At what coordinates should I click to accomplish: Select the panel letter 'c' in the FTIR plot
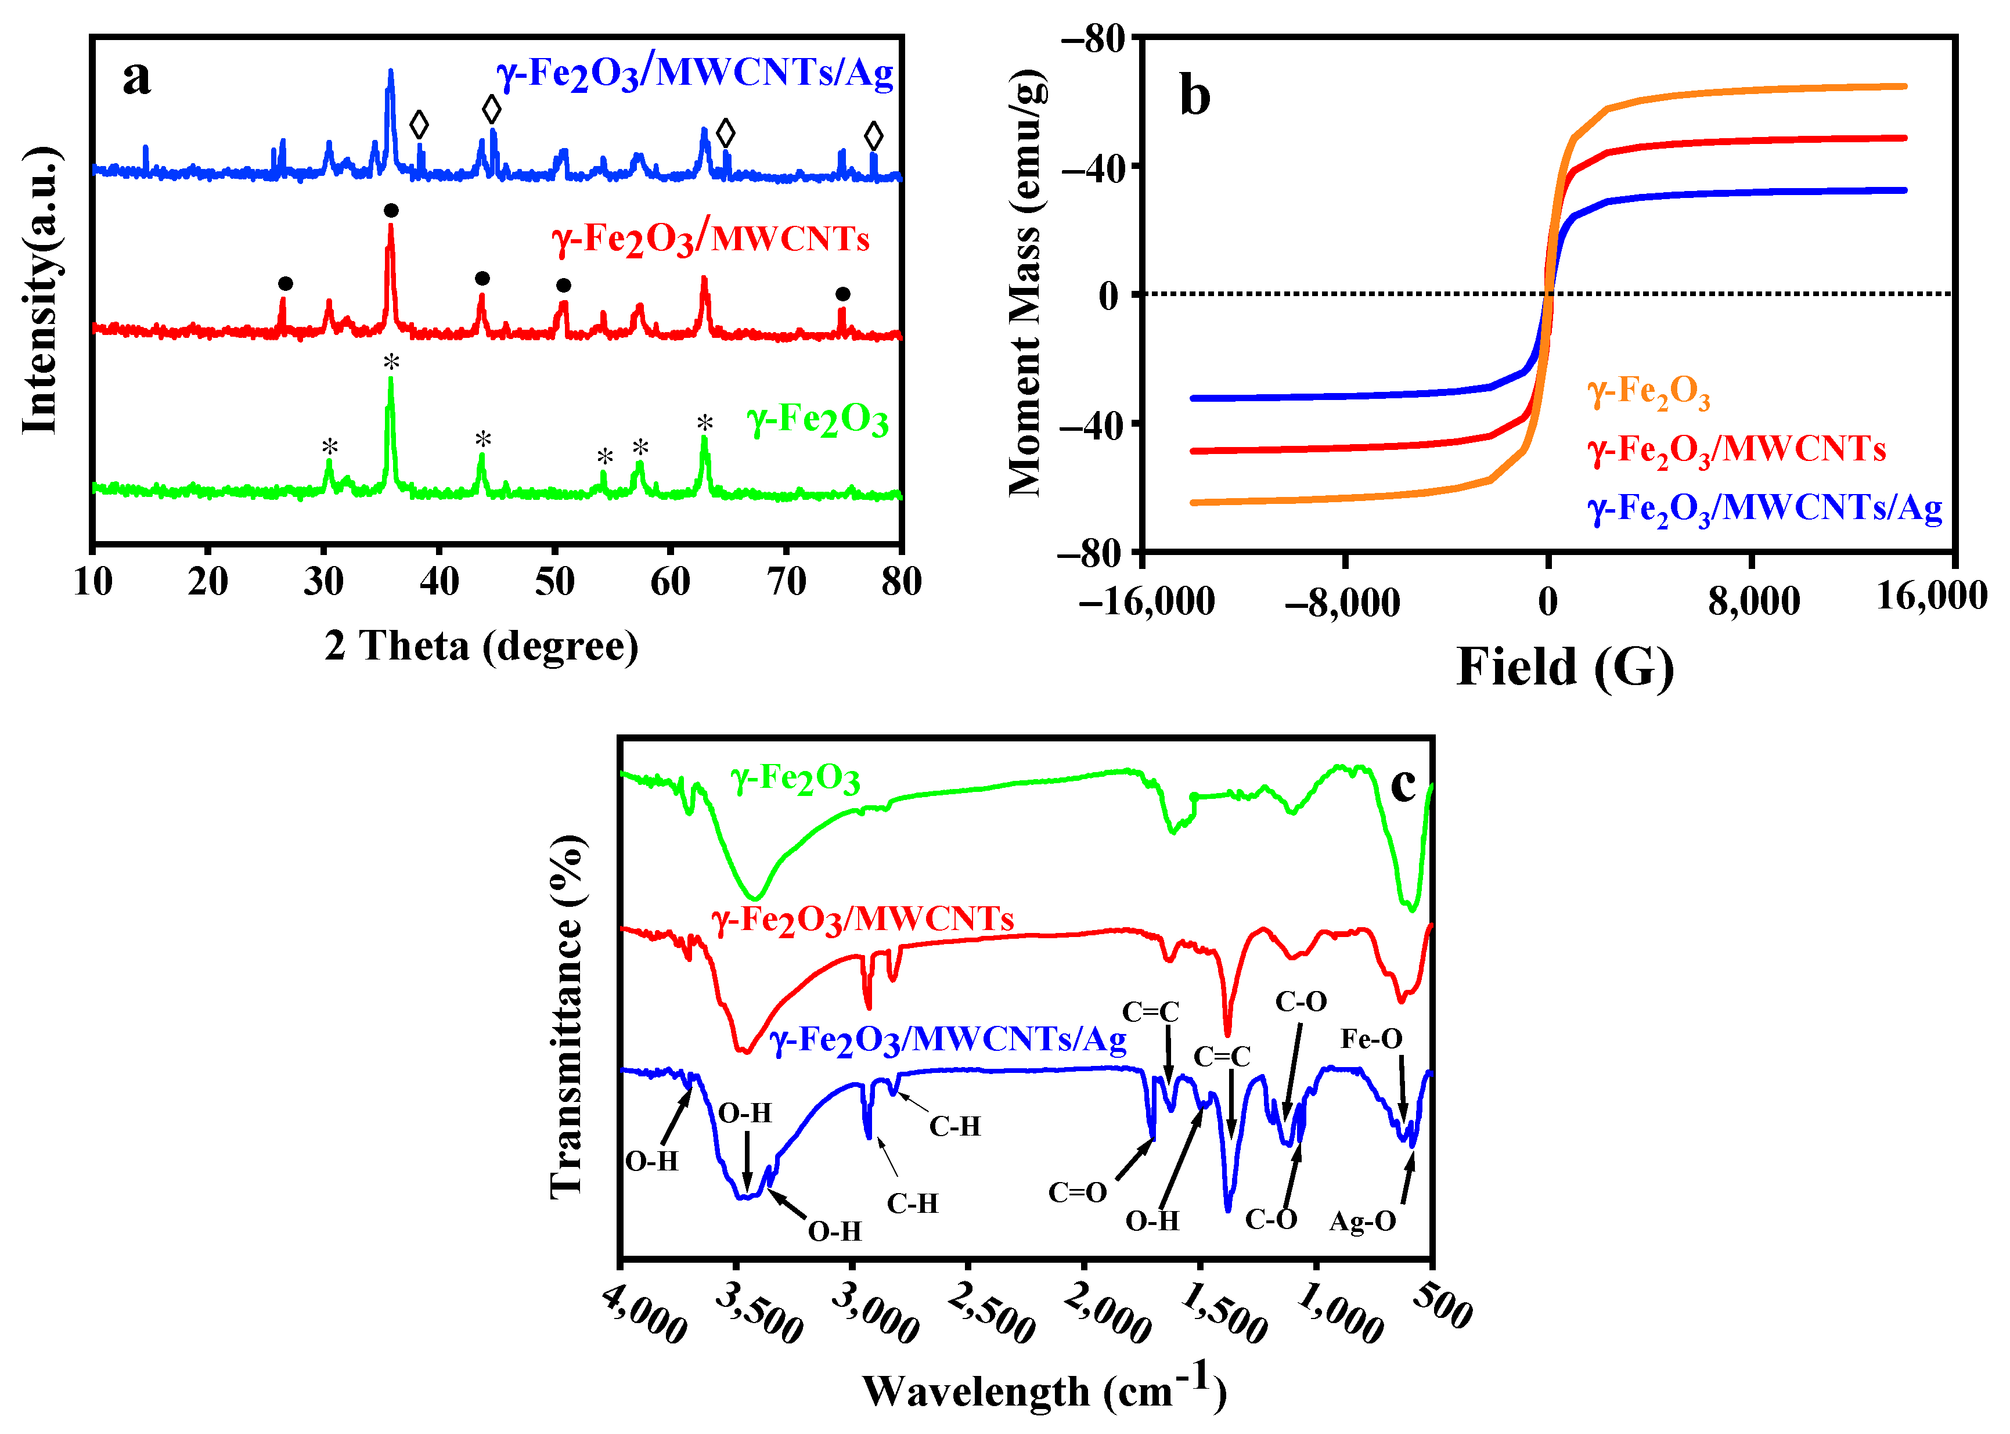click(1402, 784)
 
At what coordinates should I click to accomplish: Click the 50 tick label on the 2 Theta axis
click(554, 582)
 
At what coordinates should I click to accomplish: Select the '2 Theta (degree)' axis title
click(481, 646)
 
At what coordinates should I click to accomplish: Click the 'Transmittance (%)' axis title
click(567, 1015)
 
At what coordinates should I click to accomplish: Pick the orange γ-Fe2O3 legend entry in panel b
click(1648, 392)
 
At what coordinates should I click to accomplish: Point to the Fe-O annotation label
click(1371, 1039)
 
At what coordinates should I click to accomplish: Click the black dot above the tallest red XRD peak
click(391, 210)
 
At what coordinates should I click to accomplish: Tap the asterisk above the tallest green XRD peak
click(391, 362)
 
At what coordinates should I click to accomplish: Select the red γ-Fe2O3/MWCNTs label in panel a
click(710, 239)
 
